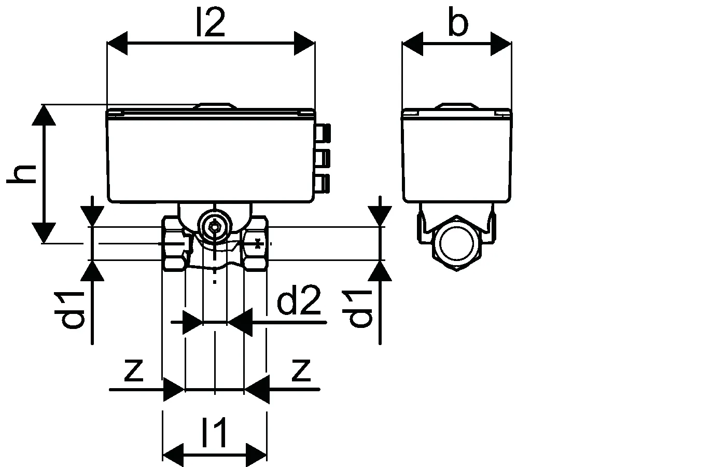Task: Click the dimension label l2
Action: pyautogui.click(x=211, y=22)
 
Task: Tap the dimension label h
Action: pyautogui.click(x=21, y=174)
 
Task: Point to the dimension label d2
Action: pyautogui.click(x=299, y=300)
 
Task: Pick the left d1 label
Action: pyautogui.click(x=69, y=310)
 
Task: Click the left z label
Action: pyautogui.click(x=134, y=370)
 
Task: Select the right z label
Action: pyautogui.click(x=301, y=370)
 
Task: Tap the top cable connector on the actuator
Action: pyautogui.click(x=323, y=133)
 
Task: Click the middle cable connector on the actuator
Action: pyautogui.click(x=323, y=158)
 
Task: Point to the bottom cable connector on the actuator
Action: pyautogui.click(x=323, y=183)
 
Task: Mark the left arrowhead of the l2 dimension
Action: pyautogui.click(x=117, y=43)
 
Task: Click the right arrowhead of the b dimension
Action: pyautogui.click(x=501, y=44)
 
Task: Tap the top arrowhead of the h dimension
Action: pyautogui.click(x=44, y=115)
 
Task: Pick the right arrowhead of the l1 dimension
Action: pyautogui.click(x=256, y=456)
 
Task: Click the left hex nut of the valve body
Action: pyautogui.click(x=174, y=243)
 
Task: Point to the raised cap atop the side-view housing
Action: pyautogui.click(x=456, y=106)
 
